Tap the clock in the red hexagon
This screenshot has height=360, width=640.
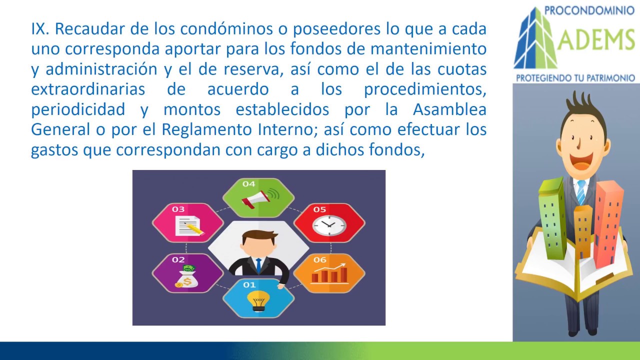pyautogui.click(x=329, y=225)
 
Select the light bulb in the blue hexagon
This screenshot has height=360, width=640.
pyautogui.click(x=258, y=300)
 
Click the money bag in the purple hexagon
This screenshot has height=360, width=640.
pyautogui.click(x=187, y=276)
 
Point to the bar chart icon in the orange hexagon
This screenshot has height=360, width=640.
pyautogui.click(x=330, y=273)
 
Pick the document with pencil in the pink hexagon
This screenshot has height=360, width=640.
pyautogui.click(x=189, y=225)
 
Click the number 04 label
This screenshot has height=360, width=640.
pyautogui.click(x=248, y=184)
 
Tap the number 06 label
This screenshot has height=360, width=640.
pyautogui.click(x=319, y=259)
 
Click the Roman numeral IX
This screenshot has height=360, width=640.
pyautogui.click(x=40, y=29)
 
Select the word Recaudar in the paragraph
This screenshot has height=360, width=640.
pyautogui.click(x=89, y=29)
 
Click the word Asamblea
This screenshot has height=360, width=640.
pyautogui.click(x=449, y=109)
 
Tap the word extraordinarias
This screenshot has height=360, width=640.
pyautogui.click(x=88, y=89)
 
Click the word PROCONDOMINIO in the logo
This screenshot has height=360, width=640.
pyautogui.click(x=589, y=10)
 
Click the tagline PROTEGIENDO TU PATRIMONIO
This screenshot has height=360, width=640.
pyautogui.click(x=575, y=77)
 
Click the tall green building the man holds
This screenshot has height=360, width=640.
pyautogui.click(x=552, y=218)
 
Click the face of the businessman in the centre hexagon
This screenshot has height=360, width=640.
pyautogui.click(x=258, y=243)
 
